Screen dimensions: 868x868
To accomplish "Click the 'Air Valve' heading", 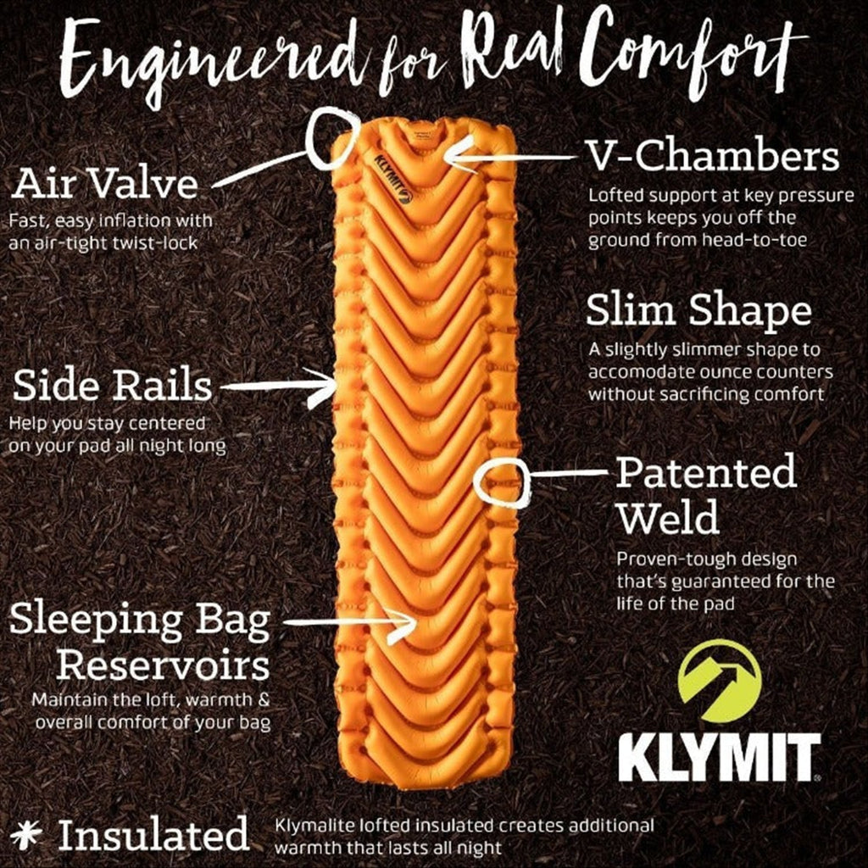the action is pyautogui.click(x=104, y=184).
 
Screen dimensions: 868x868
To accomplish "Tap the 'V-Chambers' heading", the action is pyautogui.click(x=713, y=156).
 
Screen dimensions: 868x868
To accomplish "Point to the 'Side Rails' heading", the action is pyautogui.click(x=113, y=386).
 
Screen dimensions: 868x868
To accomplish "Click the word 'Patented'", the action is pyautogui.click(x=706, y=471).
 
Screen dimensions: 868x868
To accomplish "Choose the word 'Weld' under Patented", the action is pyautogui.click(x=668, y=517).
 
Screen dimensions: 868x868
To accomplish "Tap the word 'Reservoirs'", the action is pyautogui.click(x=163, y=665).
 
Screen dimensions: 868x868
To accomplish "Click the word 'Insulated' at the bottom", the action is pyautogui.click(x=153, y=834).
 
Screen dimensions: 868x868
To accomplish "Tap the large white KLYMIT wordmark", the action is pyautogui.click(x=719, y=757).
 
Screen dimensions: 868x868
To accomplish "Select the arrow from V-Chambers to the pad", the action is pyautogui.click(x=509, y=157).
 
